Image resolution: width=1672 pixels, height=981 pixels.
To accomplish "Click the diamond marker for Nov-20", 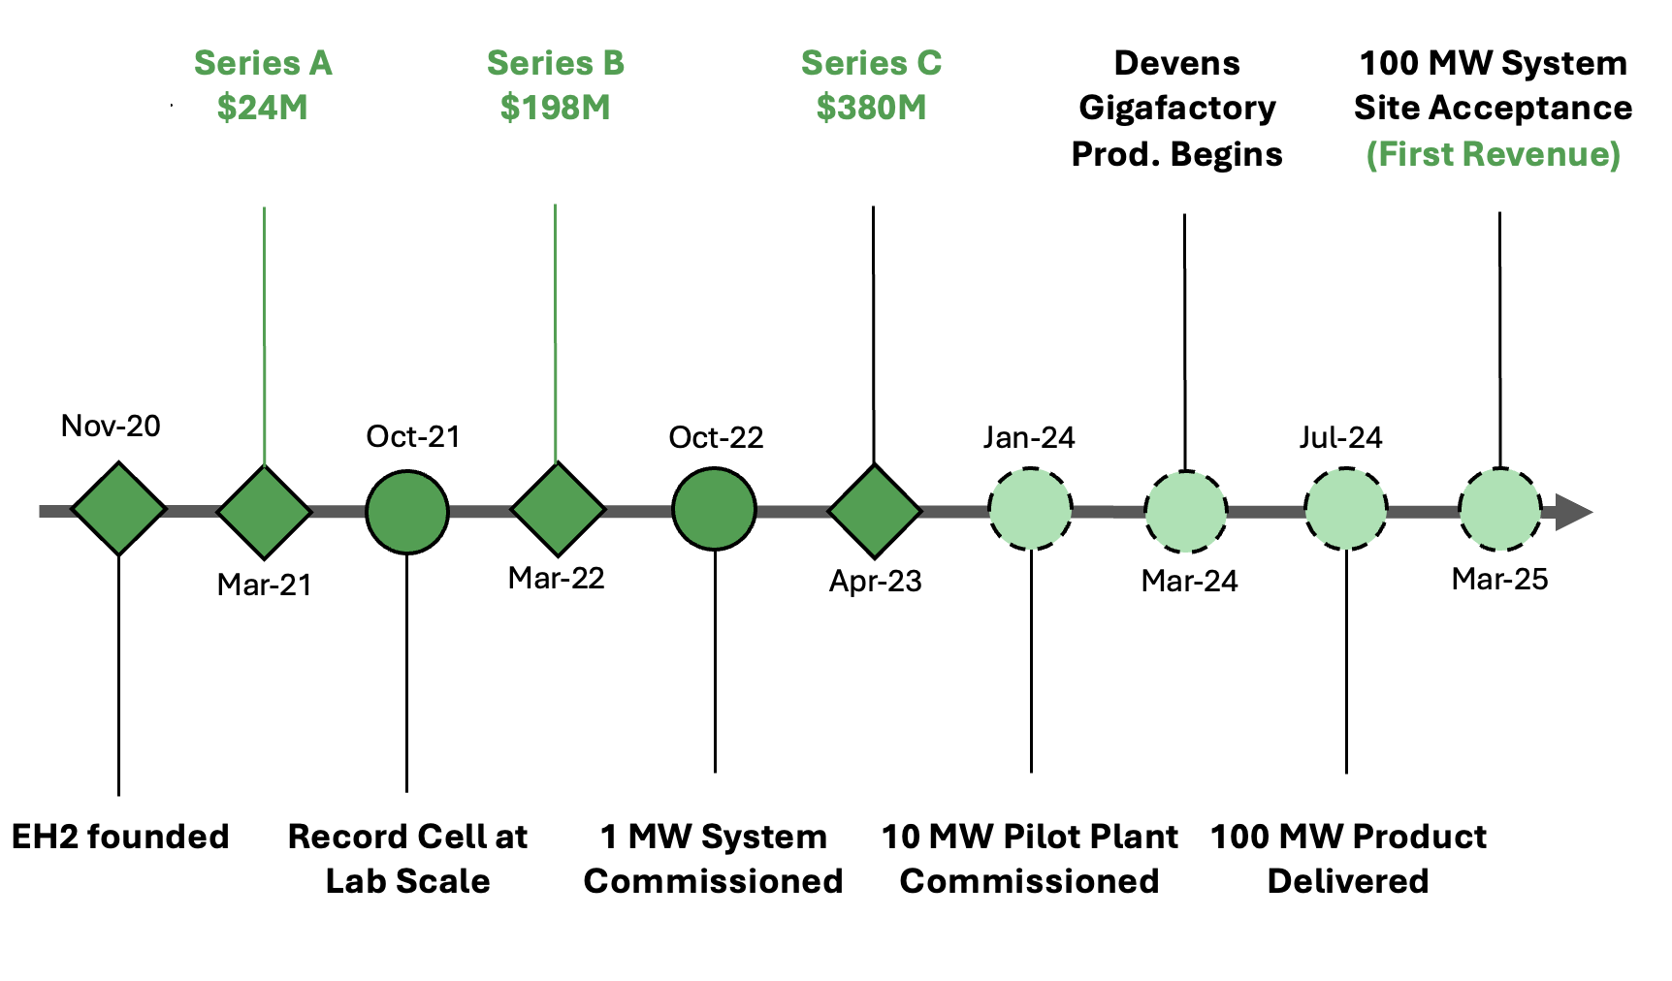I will [x=118, y=509].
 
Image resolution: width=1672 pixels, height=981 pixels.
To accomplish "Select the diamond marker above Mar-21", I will [x=264, y=511].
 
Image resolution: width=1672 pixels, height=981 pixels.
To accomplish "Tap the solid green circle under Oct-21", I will [x=407, y=512].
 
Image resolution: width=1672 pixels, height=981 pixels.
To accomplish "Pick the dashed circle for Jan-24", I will [x=1030, y=509].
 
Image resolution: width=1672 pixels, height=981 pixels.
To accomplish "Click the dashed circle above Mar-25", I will [x=1499, y=510].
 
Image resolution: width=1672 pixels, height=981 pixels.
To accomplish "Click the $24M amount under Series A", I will [x=262, y=108].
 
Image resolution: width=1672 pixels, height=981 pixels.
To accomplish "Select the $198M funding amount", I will [x=555, y=108].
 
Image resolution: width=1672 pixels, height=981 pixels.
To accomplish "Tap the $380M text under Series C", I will [x=871, y=108].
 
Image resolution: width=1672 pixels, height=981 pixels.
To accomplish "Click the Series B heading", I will [x=555, y=63].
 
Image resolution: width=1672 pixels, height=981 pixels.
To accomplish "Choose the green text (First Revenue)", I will [x=1493, y=154].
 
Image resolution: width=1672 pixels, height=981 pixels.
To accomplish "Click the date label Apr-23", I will [x=875, y=582].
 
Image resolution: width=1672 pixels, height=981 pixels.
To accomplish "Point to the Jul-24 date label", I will [x=1340, y=437].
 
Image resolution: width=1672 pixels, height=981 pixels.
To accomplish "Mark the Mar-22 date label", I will [x=556, y=579].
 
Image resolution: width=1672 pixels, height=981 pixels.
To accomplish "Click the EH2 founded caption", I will [x=120, y=837].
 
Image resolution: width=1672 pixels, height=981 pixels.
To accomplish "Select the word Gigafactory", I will [x=1177, y=108].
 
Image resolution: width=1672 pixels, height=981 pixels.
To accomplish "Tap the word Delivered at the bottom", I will [x=1347, y=881].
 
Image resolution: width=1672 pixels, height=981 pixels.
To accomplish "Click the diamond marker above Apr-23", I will [x=875, y=511].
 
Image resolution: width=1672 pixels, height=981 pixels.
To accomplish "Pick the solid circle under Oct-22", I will [x=714, y=509].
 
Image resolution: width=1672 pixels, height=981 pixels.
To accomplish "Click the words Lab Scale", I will [x=407, y=881].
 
